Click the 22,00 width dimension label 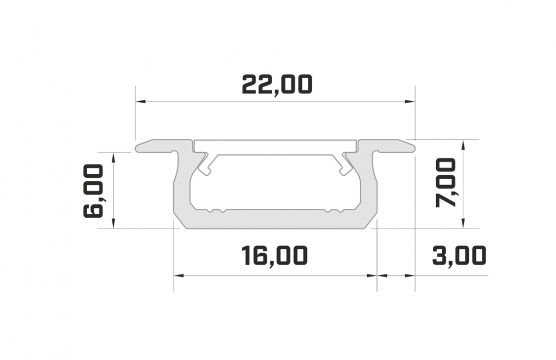coord(277,85)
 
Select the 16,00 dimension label coord(274,256)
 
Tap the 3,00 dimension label coord(459,256)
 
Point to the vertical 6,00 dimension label coord(93,190)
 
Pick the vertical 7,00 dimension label coord(445,183)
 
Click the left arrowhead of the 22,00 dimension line coord(141,102)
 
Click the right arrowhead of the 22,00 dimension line coord(410,102)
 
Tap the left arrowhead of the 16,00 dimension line coord(178,275)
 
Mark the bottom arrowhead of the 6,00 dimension coord(113,224)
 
